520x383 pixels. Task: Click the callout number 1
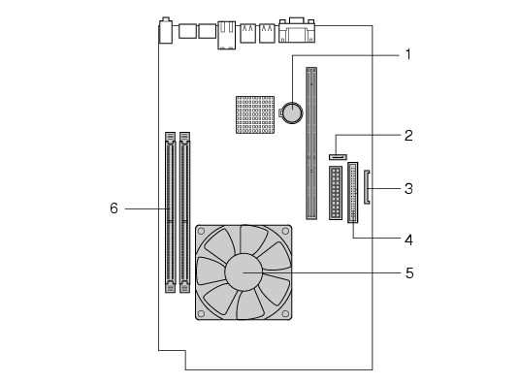tap(408, 54)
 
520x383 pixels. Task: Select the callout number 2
tap(408, 136)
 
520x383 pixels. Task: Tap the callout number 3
tap(408, 188)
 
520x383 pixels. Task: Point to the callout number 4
tap(408, 239)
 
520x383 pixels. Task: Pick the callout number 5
tap(409, 273)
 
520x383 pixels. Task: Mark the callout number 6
tap(114, 208)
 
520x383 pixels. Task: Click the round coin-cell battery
tap(292, 112)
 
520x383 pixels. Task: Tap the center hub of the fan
tap(244, 272)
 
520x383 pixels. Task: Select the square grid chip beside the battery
tap(255, 115)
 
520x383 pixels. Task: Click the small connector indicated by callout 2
tap(338, 157)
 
